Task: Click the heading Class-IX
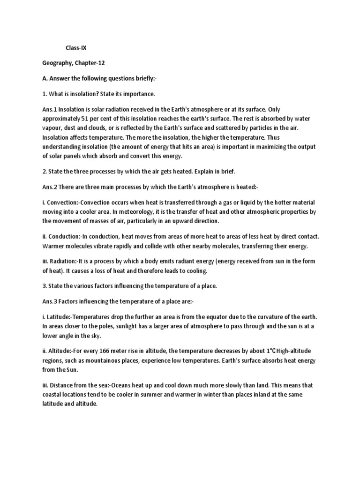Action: click(76, 48)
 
